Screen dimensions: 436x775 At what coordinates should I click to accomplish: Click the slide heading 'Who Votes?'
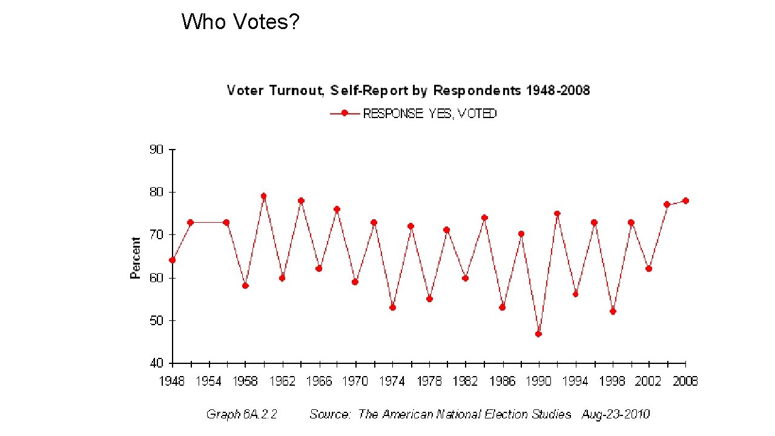(x=240, y=22)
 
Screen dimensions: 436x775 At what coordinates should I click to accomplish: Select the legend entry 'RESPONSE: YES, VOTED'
(x=429, y=114)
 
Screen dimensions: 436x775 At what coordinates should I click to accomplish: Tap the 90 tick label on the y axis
(x=156, y=150)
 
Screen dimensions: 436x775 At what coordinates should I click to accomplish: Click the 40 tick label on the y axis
(x=156, y=363)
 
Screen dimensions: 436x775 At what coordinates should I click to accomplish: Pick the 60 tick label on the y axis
(x=156, y=278)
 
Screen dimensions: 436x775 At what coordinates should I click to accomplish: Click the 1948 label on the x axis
(x=172, y=381)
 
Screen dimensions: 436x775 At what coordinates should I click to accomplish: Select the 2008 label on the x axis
(x=685, y=381)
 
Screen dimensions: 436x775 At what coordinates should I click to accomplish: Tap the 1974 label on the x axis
(x=392, y=381)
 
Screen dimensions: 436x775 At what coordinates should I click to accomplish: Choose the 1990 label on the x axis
(x=539, y=381)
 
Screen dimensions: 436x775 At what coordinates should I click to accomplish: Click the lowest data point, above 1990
(x=538, y=334)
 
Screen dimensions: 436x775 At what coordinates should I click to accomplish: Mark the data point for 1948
(x=173, y=260)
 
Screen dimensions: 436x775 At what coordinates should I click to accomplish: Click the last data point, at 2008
(x=685, y=200)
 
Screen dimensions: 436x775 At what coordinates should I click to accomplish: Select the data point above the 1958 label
(x=245, y=286)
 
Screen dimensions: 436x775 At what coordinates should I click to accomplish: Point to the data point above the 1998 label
(x=613, y=311)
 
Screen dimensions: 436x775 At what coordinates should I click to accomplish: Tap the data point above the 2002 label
(x=649, y=269)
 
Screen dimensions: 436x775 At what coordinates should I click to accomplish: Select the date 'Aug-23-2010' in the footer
(x=615, y=415)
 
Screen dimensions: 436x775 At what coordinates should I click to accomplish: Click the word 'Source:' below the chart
(x=330, y=415)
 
